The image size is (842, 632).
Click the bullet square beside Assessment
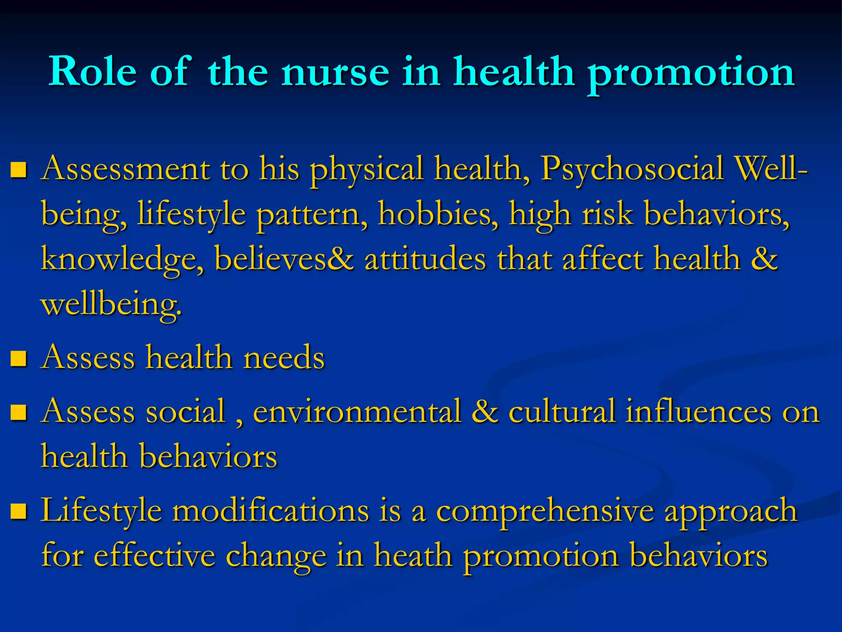tap(19, 169)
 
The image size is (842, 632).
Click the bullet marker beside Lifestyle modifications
tap(19, 511)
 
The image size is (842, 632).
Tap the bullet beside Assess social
tap(19, 412)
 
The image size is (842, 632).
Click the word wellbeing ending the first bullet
tap(111, 305)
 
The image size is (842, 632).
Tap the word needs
tap(284, 358)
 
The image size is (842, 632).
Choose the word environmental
tap(357, 412)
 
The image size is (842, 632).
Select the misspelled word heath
tap(413, 556)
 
